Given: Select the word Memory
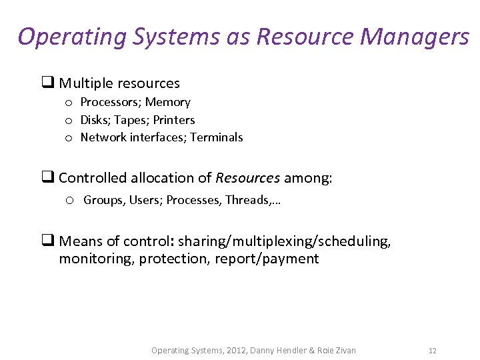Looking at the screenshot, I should coord(168,102).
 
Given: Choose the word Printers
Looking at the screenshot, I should coord(174,120).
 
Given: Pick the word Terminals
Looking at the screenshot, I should coord(217,137).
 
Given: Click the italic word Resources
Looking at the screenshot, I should coord(247,178).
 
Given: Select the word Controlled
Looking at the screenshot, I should coord(92,178).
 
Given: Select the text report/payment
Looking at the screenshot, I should coord(267,259).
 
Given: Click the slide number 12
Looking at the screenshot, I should coord(433,351).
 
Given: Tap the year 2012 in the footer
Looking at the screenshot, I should coord(235,351).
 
